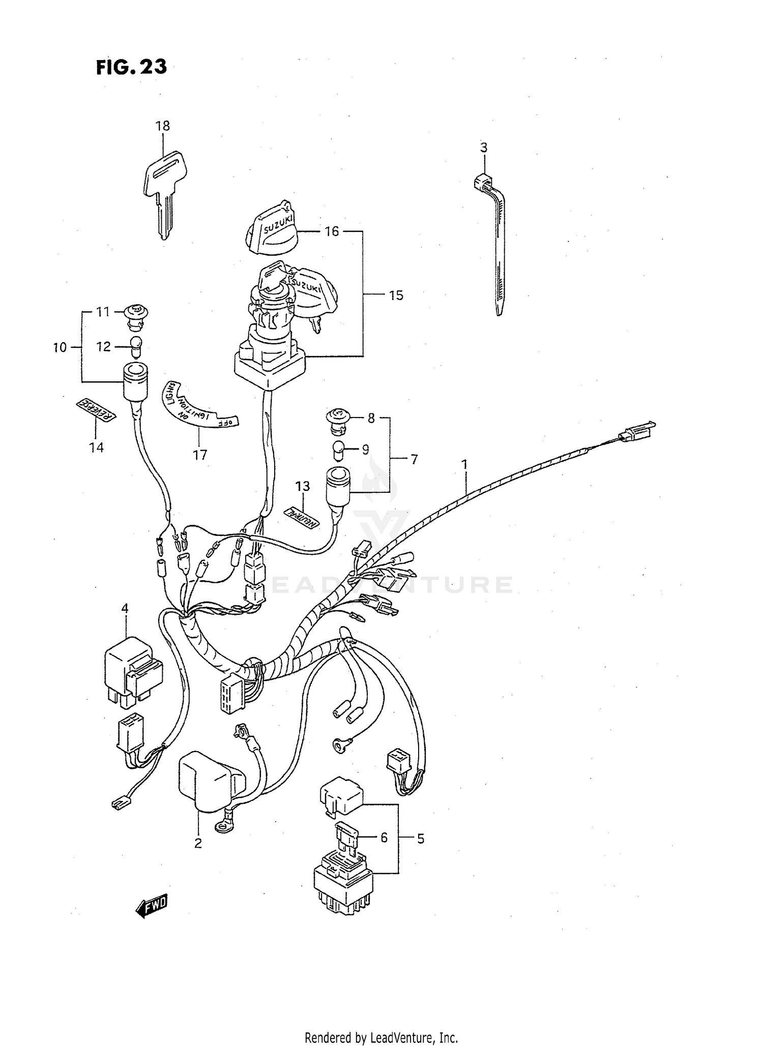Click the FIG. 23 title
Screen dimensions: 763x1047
tap(131, 67)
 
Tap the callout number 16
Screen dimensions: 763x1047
tap(332, 232)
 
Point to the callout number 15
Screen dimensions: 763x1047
tap(396, 295)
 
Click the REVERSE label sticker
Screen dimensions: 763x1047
tap(96, 410)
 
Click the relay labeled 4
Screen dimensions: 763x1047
tap(132, 671)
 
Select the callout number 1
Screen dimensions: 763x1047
tap(464, 464)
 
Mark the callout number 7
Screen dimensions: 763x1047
tap(414, 460)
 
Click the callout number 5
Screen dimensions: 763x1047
tap(420, 839)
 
